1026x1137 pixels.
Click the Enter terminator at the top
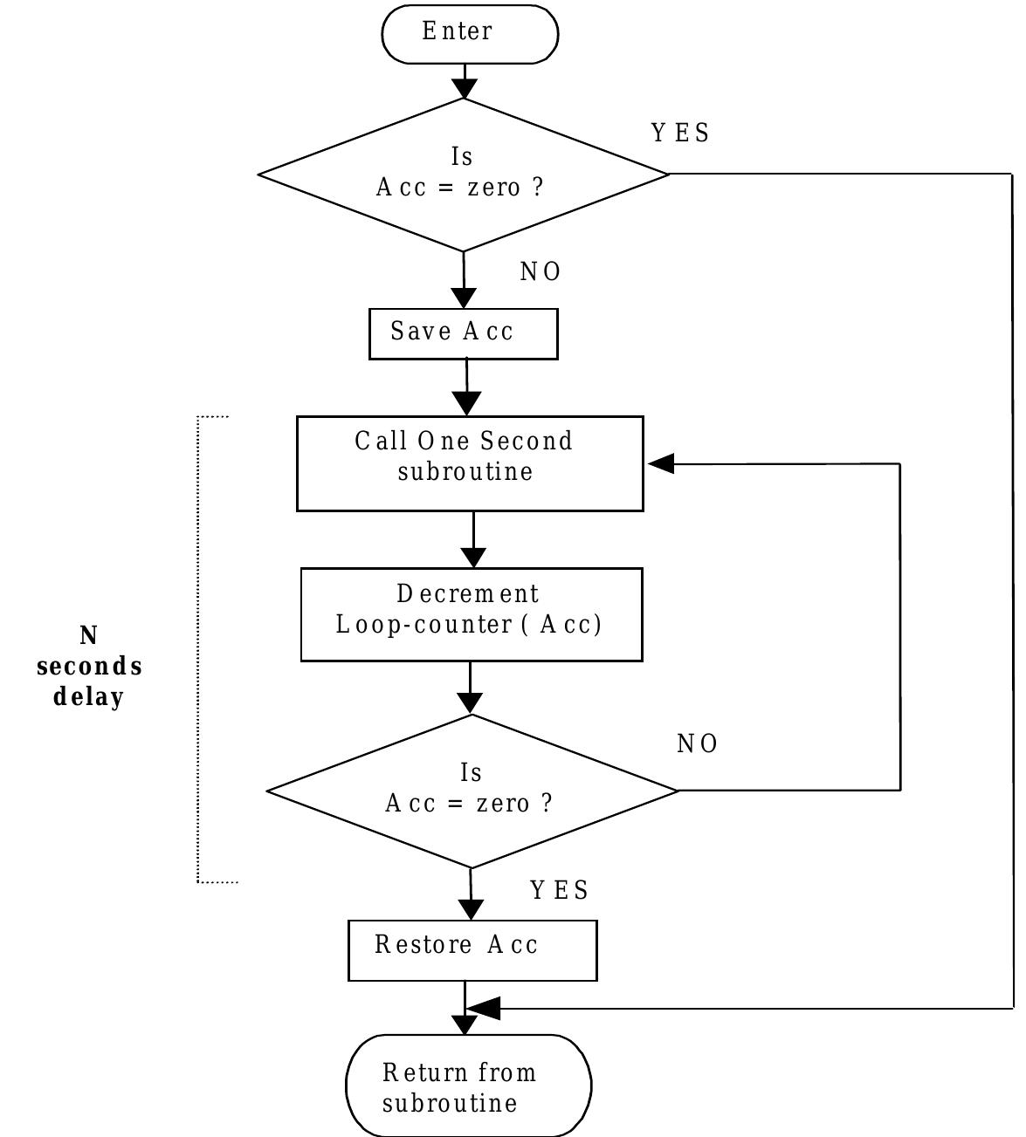[x=469, y=34]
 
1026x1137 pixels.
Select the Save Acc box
[x=463, y=333]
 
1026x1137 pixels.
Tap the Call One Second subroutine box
[x=470, y=463]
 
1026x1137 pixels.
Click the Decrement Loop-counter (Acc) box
[x=471, y=614]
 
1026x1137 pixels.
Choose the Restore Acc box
[x=472, y=949]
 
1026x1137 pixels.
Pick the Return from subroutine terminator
[x=468, y=1086]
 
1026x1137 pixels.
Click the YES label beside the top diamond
[x=680, y=134]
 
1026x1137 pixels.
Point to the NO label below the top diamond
[x=541, y=272]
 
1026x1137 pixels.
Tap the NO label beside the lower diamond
[x=697, y=744]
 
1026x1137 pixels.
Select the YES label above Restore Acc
[x=560, y=890]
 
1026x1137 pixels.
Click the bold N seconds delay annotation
[x=88, y=667]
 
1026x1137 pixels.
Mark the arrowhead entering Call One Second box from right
[x=661, y=464]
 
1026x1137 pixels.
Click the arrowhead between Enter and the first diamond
[x=465, y=88]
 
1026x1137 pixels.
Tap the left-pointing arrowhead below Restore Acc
[x=484, y=1009]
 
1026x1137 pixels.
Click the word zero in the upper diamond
[x=493, y=188]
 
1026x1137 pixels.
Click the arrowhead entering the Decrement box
[x=473, y=557]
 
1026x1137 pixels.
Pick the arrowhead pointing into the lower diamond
[x=470, y=702]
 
